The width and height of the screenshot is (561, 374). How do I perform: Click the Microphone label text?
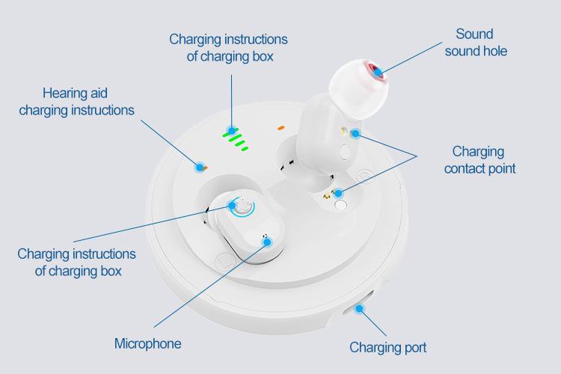[147, 343]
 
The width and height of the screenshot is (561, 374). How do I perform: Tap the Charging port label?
[388, 347]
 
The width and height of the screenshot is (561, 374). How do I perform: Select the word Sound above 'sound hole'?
[474, 34]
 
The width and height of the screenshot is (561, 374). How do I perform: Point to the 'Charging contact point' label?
[479, 160]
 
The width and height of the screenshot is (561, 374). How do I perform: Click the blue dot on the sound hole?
[379, 72]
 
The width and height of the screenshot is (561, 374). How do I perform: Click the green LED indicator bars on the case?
[236, 139]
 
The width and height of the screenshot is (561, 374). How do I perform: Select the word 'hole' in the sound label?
[494, 51]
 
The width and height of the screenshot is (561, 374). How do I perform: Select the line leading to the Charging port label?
[373, 322]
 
